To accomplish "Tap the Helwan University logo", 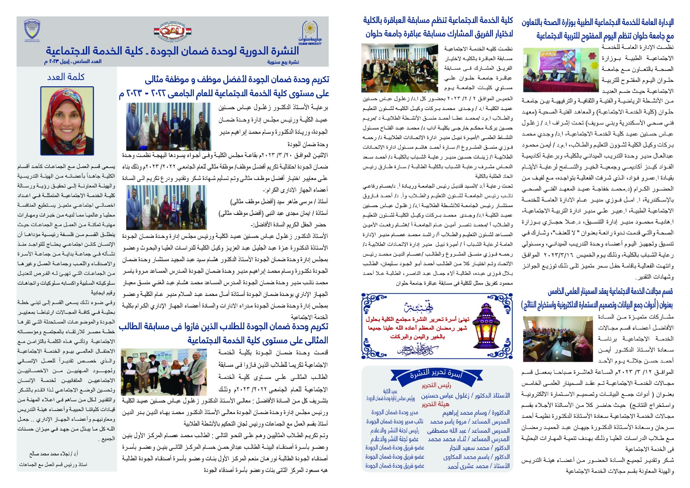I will pyautogui.click(x=310, y=32).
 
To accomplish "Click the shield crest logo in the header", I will pyautogui.click(x=32, y=31).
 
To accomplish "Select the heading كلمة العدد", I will pyautogui.click(x=66, y=77).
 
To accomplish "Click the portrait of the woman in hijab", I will pyautogui.click(x=67, y=120).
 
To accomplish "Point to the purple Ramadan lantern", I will pyautogui.click(x=489, y=326).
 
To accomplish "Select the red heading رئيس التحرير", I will pyautogui.click(x=436, y=385).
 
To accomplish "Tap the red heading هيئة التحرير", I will pyautogui.click(x=436, y=404).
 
